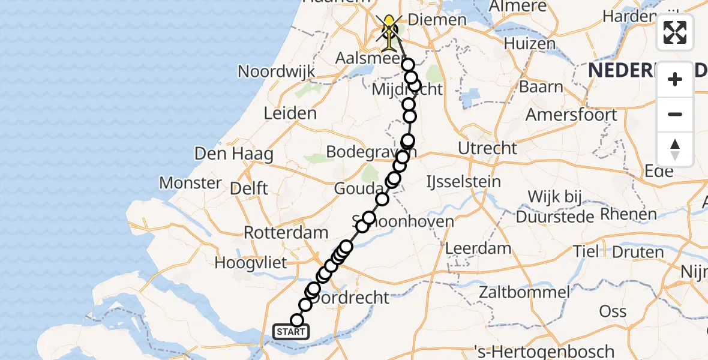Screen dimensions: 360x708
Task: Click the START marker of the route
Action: click(291, 331)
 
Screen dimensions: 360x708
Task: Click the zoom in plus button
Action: click(675, 79)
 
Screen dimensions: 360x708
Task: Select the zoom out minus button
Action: click(675, 114)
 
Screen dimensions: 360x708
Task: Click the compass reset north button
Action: click(675, 149)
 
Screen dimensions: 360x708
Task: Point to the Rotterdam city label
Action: click(286, 232)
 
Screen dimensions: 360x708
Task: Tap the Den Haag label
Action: click(234, 154)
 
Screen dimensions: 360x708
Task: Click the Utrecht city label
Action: click(487, 148)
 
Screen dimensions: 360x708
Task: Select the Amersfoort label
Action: click(572, 114)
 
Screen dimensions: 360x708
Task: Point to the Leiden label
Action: click(290, 113)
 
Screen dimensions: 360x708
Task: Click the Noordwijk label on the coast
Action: click(276, 71)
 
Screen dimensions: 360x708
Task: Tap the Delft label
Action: click(250, 188)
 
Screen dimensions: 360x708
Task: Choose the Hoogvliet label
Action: click(251, 262)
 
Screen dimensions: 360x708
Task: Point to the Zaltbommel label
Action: click(524, 293)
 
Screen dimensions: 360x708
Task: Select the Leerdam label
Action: click(478, 248)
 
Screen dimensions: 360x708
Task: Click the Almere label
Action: click(518, 7)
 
